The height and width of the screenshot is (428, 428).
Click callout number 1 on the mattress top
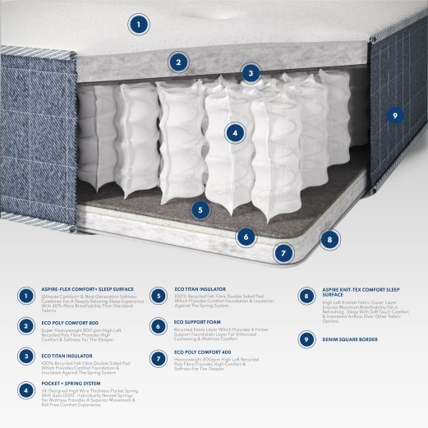pos(140,25)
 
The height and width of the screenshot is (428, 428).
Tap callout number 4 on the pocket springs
pos(235,131)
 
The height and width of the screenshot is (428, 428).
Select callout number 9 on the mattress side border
pos(395,116)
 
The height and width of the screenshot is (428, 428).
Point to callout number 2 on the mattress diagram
pos(177,61)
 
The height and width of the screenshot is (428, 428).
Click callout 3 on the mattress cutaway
pos(251,73)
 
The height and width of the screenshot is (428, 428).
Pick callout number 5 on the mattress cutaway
pos(200,209)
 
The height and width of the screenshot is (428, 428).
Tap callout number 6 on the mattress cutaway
pos(245,237)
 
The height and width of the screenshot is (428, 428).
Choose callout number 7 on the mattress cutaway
pos(283,253)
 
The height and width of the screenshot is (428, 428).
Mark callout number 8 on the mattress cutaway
pos(329,241)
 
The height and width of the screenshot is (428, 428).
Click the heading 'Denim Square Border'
pos(345,338)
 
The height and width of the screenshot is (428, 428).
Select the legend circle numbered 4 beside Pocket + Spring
pos(27,389)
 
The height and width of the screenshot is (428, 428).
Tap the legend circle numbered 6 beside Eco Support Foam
pos(158,326)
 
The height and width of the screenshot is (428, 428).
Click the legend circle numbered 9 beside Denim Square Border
pos(306,338)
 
